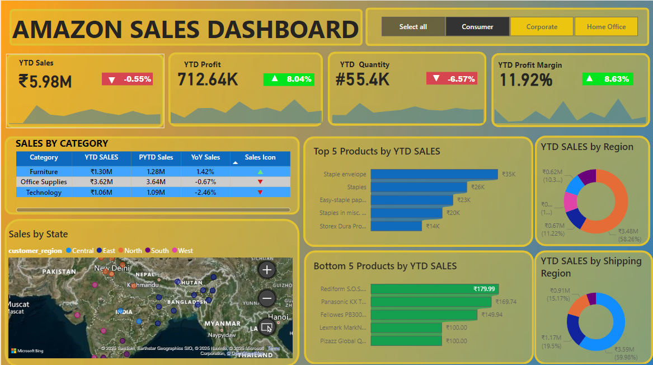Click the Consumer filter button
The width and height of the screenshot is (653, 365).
click(477, 26)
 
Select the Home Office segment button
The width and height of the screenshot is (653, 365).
click(606, 26)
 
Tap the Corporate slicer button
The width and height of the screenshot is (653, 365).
click(542, 26)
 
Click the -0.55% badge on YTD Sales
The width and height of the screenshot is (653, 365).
click(127, 79)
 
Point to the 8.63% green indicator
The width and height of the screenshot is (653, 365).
click(608, 79)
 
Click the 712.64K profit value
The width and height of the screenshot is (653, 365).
click(208, 79)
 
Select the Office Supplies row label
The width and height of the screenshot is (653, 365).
click(44, 182)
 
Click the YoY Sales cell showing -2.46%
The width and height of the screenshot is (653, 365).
click(205, 192)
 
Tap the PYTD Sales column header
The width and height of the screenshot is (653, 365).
click(156, 157)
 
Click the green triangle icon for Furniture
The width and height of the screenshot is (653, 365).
click(260, 172)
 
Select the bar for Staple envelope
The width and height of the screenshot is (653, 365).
click(434, 174)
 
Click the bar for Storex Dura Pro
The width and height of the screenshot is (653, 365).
click(396, 226)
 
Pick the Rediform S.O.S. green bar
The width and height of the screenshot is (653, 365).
click(434, 289)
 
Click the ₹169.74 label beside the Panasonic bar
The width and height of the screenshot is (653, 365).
click(505, 302)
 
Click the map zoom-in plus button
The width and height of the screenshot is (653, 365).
click(267, 270)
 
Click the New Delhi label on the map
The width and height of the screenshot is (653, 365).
click(112, 268)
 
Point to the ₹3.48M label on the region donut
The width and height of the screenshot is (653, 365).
click(628, 231)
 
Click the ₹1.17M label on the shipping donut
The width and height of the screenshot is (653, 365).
click(551, 338)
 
